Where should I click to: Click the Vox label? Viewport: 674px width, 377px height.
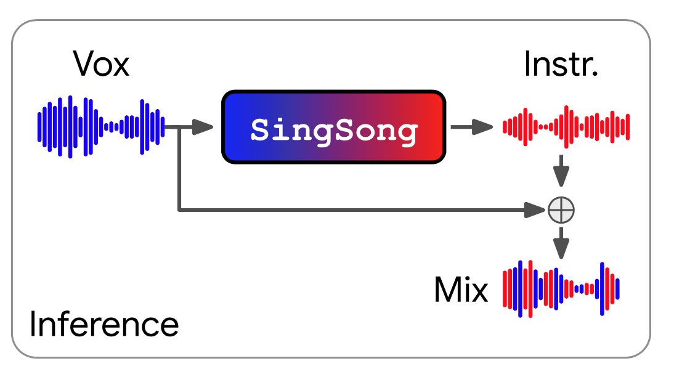click(101, 63)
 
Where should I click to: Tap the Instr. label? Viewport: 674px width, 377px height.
click(561, 63)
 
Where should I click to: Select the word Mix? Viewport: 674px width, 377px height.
click(460, 290)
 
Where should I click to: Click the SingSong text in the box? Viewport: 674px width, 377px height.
click(333, 130)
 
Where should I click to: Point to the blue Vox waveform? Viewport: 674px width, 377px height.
click(101, 126)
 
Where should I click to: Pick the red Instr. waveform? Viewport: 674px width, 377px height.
click(566, 127)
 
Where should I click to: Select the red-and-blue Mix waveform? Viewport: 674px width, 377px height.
click(561, 288)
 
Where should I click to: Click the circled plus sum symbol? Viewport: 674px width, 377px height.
click(561, 211)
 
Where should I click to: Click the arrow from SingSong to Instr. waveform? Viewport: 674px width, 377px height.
click(472, 128)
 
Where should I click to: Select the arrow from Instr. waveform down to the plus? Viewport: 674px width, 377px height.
click(561, 170)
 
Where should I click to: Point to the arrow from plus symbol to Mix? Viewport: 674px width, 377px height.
click(561, 243)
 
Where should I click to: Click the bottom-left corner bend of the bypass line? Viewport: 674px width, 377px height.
click(179, 211)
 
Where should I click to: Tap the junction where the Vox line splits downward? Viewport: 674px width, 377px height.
click(179, 128)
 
